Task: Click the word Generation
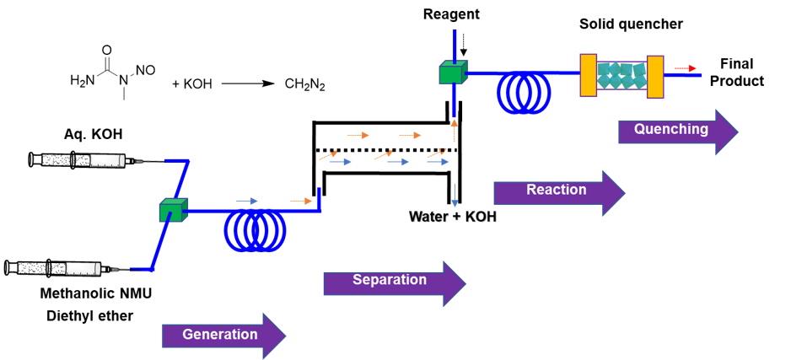(220, 335)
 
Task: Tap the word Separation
(390, 280)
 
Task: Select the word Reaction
(556, 190)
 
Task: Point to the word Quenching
(670, 129)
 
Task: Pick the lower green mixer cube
(172, 211)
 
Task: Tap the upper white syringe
(107, 160)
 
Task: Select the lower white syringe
(83, 268)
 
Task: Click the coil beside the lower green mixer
(255, 230)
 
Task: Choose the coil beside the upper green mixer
(524, 92)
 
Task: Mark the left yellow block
(589, 75)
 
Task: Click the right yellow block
(655, 77)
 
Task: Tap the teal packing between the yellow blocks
(621, 76)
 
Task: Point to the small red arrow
(686, 68)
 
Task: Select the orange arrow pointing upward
(454, 130)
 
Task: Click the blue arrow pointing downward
(455, 196)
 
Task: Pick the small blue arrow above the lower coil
(246, 201)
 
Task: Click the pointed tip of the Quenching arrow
(738, 132)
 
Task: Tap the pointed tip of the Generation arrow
(286, 336)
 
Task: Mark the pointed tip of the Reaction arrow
(625, 192)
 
